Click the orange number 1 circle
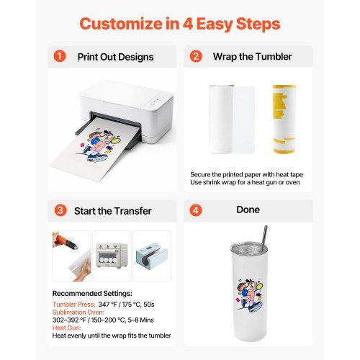(x=60, y=56)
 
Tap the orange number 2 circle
(x=196, y=56)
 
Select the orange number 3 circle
(x=60, y=210)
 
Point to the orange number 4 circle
(x=196, y=210)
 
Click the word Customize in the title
(x=121, y=24)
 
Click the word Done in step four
(x=248, y=210)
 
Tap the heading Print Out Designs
(x=115, y=57)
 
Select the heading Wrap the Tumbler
(x=252, y=57)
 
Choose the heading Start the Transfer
(x=113, y=211)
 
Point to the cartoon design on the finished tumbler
(x=250, y=294)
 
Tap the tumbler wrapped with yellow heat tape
(x=284, y=119)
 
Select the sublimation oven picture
(x=112, y=256)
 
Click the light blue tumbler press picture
(x=152, y=256)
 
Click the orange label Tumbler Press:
(x=74, y=305)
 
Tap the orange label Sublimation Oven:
(x=78, y=312)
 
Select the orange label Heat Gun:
(x=67, y=328)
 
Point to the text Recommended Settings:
(x=92, y=294)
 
